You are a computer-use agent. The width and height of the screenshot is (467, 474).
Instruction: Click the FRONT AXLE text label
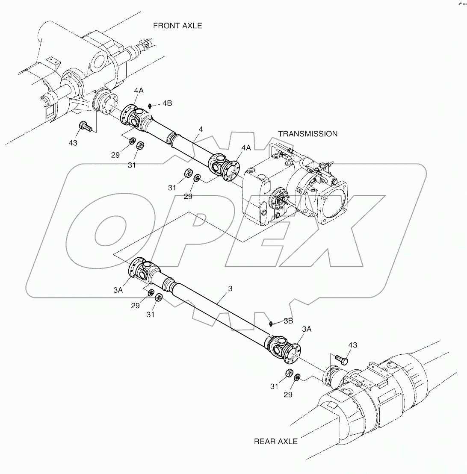[x=177, y=26]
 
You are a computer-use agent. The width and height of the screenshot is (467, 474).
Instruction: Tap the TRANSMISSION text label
[x=307, y=134]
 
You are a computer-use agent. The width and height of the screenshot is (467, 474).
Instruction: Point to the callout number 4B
[x=167, y=104]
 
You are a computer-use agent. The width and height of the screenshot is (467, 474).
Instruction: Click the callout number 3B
[x=288, y=321]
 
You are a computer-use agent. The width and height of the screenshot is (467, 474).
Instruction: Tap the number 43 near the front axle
[x=73, y=143]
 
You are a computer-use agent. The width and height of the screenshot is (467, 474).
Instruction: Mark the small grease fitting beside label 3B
[x=272, y=324]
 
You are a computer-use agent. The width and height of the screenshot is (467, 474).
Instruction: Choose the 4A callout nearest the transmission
[x=245, y=147]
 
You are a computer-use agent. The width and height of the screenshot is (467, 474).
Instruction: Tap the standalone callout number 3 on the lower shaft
[x=230, y=289]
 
